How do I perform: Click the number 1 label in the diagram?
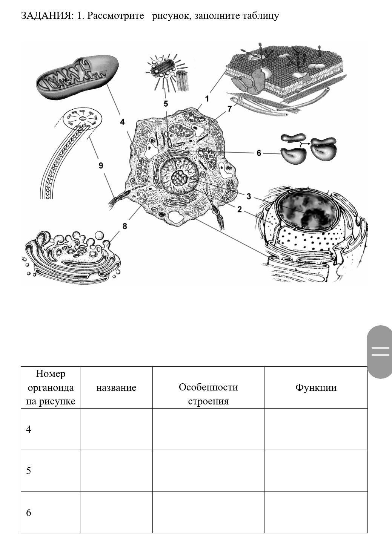[x=207, y=99]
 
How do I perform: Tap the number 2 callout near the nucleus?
[x=240, y=209]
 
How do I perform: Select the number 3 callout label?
[x=249, y=196]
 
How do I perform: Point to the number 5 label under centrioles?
[x=166, y=104]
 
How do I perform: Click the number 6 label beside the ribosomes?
[x=259, y=153]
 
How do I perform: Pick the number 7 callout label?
[x=229, y=109]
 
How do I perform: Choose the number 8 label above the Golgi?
[x=125, y=226]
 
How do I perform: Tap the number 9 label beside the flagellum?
[x=101, y=165]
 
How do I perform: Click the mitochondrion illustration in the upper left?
[x=77, y=77]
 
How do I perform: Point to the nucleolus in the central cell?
[x=180, y=178]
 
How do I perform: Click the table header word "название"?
[x=116, y=388]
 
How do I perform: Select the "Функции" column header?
[x=316, y=387]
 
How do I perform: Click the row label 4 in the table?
[x=29, y=429]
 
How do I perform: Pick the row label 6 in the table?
[x=29, y=513]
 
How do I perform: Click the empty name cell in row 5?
[x=116, y=471]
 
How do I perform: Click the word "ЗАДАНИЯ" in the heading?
[x=45, y=15]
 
